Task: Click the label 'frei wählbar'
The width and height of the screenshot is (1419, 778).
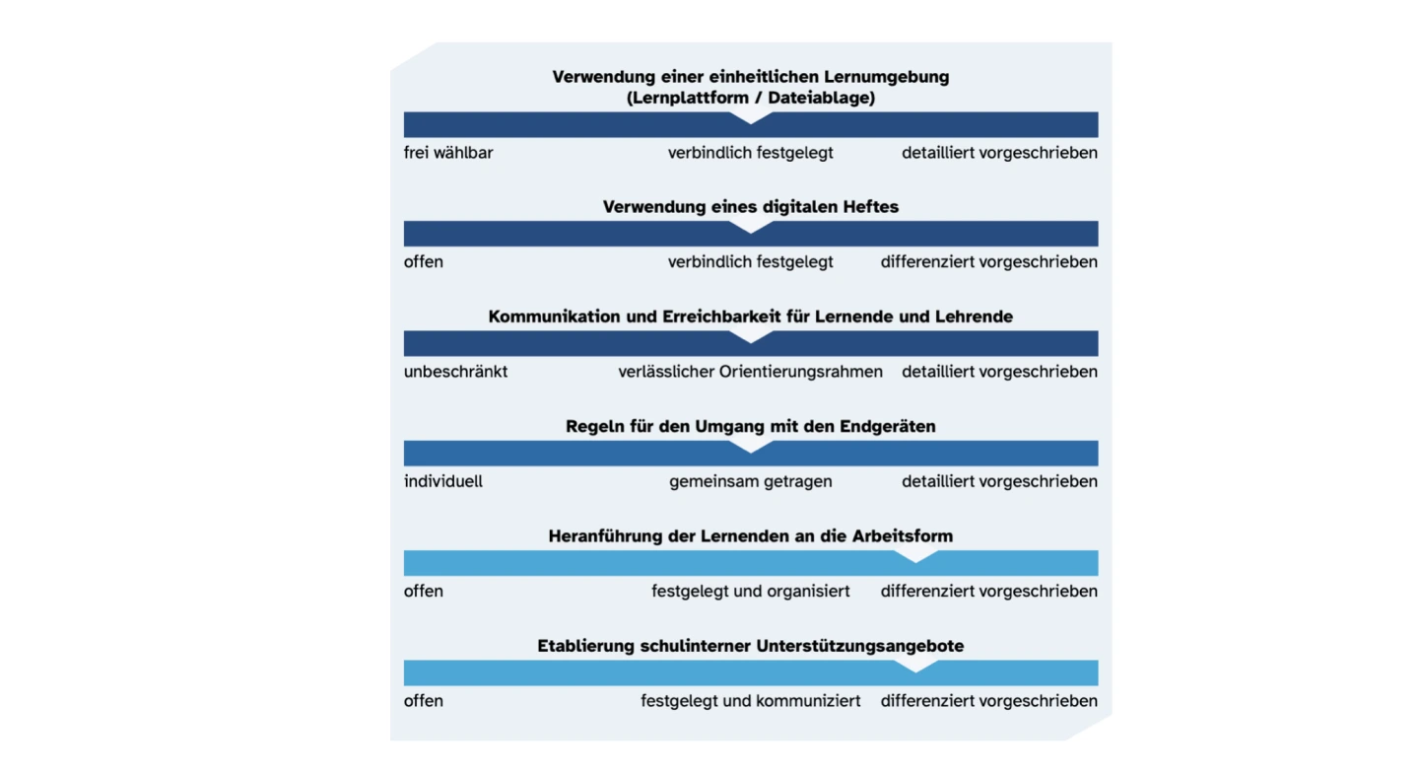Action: [x=448, y=153]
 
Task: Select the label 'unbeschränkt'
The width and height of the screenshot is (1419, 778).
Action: [x=455, y=372]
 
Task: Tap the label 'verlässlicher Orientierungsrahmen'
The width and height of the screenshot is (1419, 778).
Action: [x=750, y=372]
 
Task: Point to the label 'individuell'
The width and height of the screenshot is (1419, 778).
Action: [x=443, y=481]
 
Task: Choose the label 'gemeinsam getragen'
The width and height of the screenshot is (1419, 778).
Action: [x=750, y=481]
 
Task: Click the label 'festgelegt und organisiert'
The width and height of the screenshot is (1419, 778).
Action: [x=750, y=592]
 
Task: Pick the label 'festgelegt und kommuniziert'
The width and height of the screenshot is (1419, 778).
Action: [x=750, y=701]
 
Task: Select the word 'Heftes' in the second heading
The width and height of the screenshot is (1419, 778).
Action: [x=870, y=207]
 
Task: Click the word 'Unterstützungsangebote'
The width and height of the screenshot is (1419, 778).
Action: [x=860, y=646]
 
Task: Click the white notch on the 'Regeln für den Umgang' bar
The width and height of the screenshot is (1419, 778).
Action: [x=751, y=447]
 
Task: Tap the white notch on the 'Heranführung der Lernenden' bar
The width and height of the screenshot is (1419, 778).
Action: [x=915, y=556]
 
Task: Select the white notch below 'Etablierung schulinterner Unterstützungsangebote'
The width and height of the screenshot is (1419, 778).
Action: [x=915, y=667]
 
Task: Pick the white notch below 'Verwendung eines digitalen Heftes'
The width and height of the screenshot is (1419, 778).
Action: [x=751, y=227]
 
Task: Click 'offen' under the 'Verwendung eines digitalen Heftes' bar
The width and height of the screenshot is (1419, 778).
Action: [x=424, y=262]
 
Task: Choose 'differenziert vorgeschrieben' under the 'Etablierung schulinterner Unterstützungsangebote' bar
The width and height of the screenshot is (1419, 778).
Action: [x=988, y=701]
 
